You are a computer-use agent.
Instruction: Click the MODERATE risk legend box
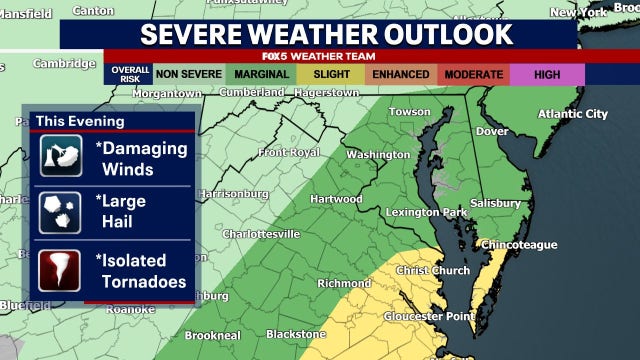tap(473, 74)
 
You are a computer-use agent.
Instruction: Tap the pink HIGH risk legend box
tap(547, 74)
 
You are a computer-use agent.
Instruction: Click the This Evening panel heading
tap(80, 121)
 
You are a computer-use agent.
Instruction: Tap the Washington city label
tap(377, 155)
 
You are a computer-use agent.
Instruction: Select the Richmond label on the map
tap(343, 283)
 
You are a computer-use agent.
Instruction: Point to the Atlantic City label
tap(572, 114)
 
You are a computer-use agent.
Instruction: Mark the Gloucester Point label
tap(433, 315)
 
